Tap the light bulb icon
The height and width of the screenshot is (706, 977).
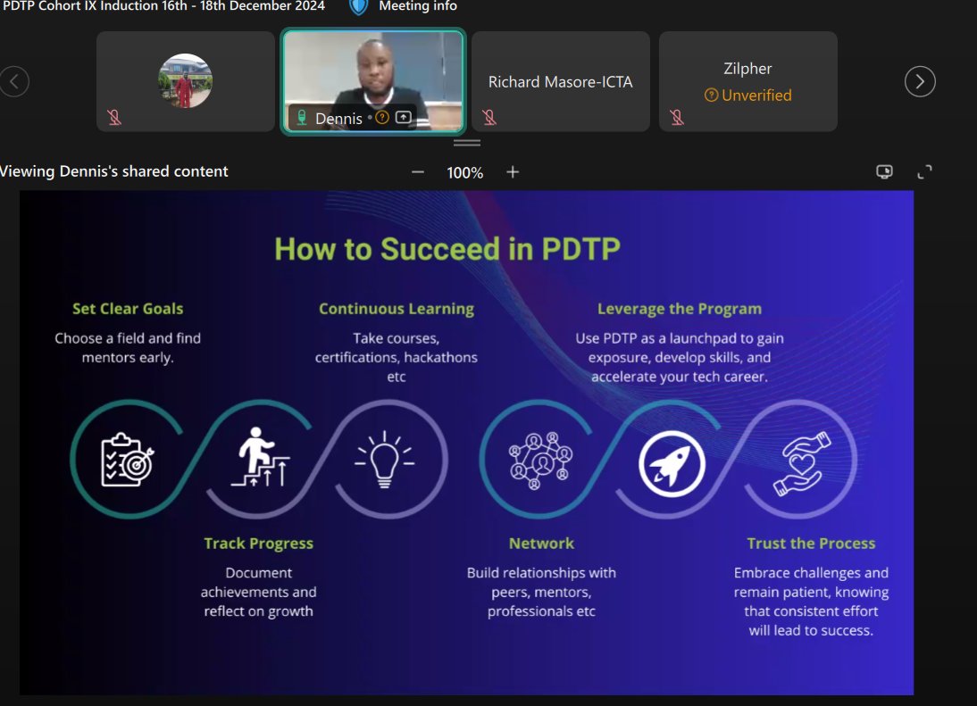tap(385, 460)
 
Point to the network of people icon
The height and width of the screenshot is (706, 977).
tap(540, 460)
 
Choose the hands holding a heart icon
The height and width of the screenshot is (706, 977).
tap(801, 463)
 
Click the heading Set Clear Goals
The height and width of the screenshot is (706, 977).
tap(128, 309)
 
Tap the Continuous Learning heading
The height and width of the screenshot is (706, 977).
tap(397, 309)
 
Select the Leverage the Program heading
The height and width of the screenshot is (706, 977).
tap(680, 309)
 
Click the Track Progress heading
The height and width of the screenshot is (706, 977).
tap(258, 544)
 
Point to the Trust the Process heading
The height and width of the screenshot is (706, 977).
tap(811, 544)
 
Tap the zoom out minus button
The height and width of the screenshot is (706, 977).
tap(418, 172)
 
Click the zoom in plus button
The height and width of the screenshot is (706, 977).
tap(513, 172)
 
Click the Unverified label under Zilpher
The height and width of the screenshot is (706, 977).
tap(756, 96)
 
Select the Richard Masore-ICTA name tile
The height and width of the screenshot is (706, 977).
tap(560, 82)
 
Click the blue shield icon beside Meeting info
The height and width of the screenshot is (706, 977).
tap(358, 6)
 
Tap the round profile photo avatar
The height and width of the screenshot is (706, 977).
tap(185, 81)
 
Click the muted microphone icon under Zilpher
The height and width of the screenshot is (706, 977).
tap(677, 118)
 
